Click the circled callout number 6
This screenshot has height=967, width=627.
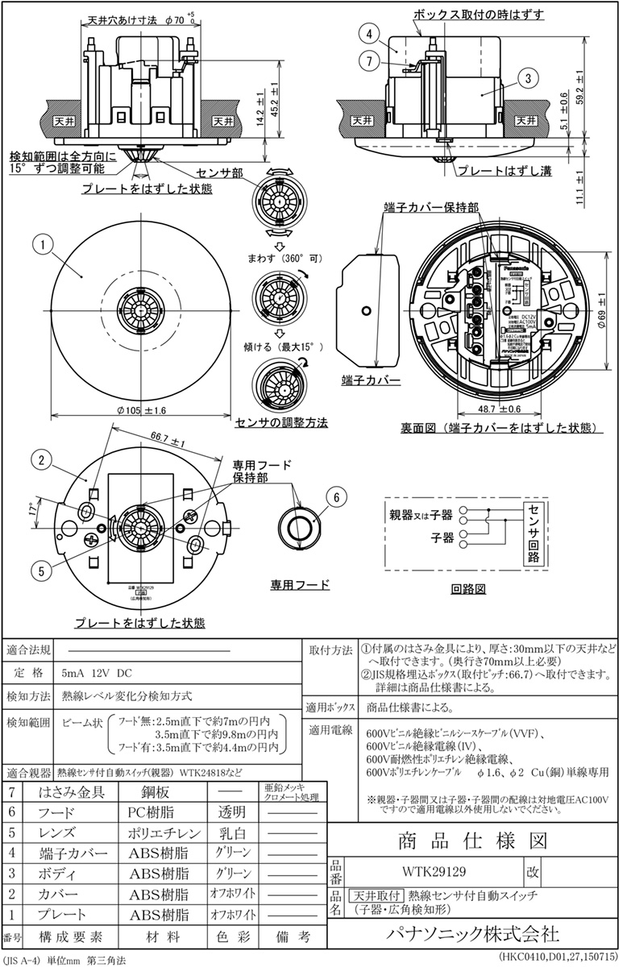[x=338, y=497]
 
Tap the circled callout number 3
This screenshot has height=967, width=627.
[x=525, y=78]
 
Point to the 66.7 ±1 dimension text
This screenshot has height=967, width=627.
[x=167, y=441]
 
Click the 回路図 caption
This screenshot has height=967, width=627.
[x=468, y=589]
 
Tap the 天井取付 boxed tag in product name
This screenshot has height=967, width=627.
[x=376, y=895]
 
